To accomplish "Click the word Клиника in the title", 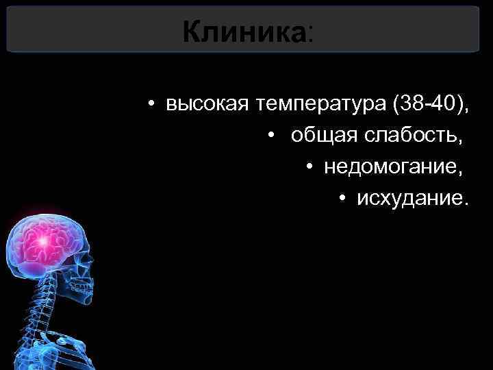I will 244,30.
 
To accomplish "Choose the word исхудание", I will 408,199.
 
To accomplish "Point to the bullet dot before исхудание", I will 342,199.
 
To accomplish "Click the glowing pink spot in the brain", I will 44,241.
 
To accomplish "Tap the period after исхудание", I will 468,203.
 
